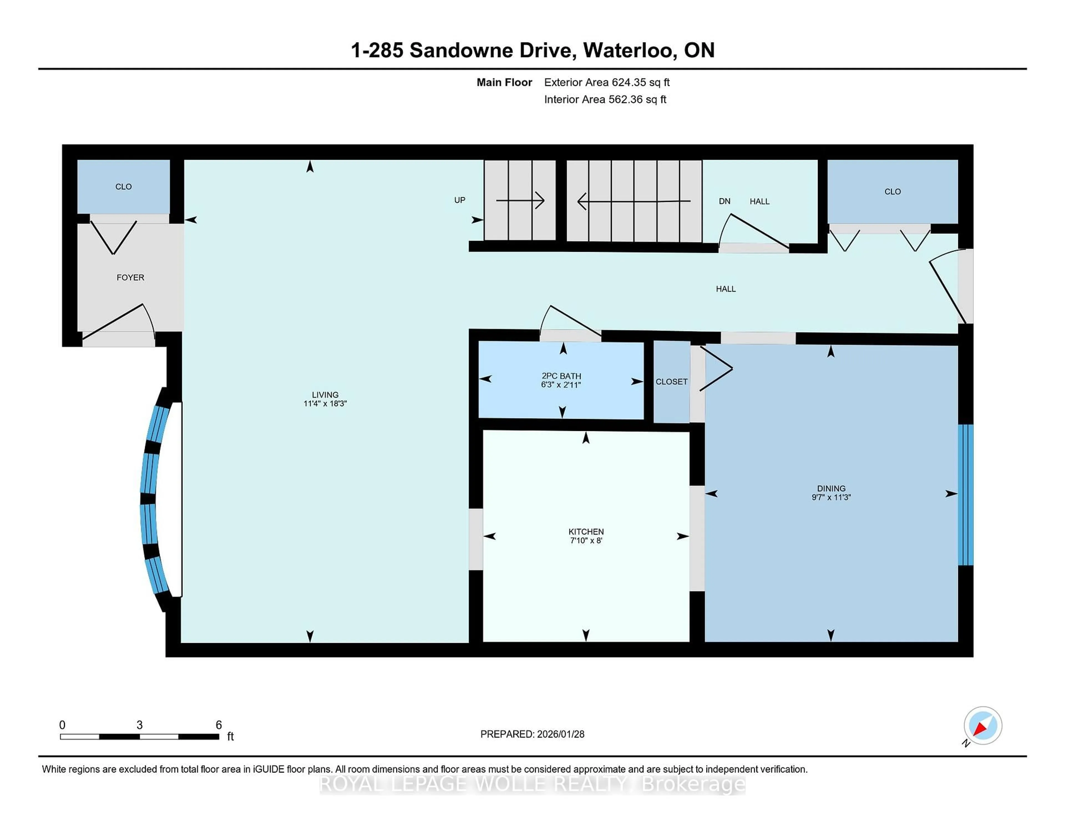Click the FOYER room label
[x=130, y=277]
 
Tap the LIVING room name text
[x=325, y=394]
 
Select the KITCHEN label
[x=586, y=532]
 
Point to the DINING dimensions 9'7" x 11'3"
[x=831, y=497]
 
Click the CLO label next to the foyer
[x=123, y=187]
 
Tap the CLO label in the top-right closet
[x=892, y=192]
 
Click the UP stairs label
[x=459, y=200]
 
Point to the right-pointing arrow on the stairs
[x=520, y=200]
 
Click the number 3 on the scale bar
[x=140, y=725]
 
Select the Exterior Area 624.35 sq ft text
[x=607, y=82]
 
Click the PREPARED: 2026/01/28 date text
[x=532, y=734]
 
